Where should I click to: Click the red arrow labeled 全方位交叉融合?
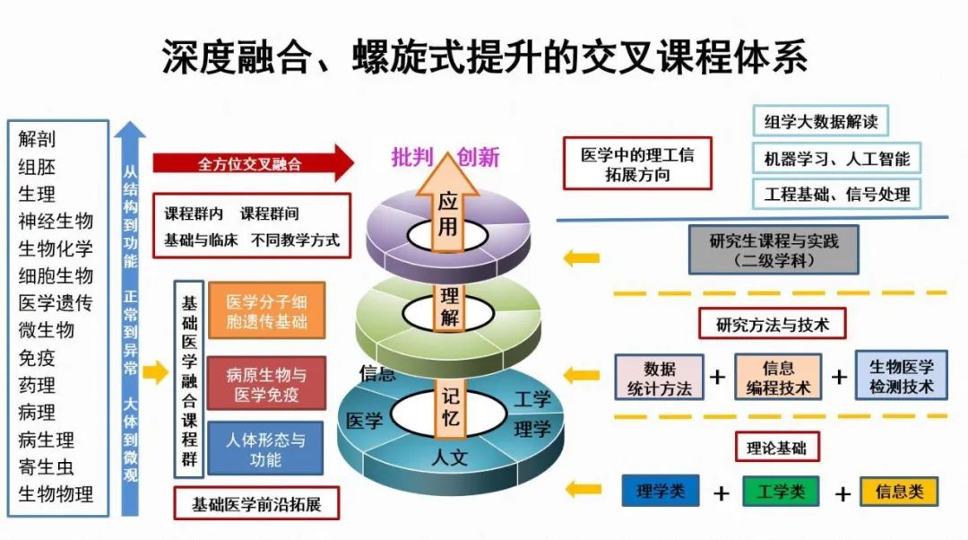(251, 164)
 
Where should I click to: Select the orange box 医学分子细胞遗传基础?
(266, 311)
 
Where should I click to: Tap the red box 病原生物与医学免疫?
(266, 383)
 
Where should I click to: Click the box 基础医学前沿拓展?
(256, 503)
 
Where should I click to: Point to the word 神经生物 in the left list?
(56, 221)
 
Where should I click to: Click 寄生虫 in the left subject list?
(47, 466)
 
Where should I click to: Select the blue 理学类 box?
(661, 491)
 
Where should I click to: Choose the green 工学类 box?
(780, 492)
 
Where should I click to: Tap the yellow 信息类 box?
(898, 492)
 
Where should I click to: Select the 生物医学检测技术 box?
(901, 377)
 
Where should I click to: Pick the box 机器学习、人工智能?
(836, 159)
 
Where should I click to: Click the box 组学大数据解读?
(820, 122)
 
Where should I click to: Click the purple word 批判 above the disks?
(412, 158)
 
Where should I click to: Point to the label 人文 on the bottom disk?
(450, 457)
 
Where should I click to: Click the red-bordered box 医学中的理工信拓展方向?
(636, 164)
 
